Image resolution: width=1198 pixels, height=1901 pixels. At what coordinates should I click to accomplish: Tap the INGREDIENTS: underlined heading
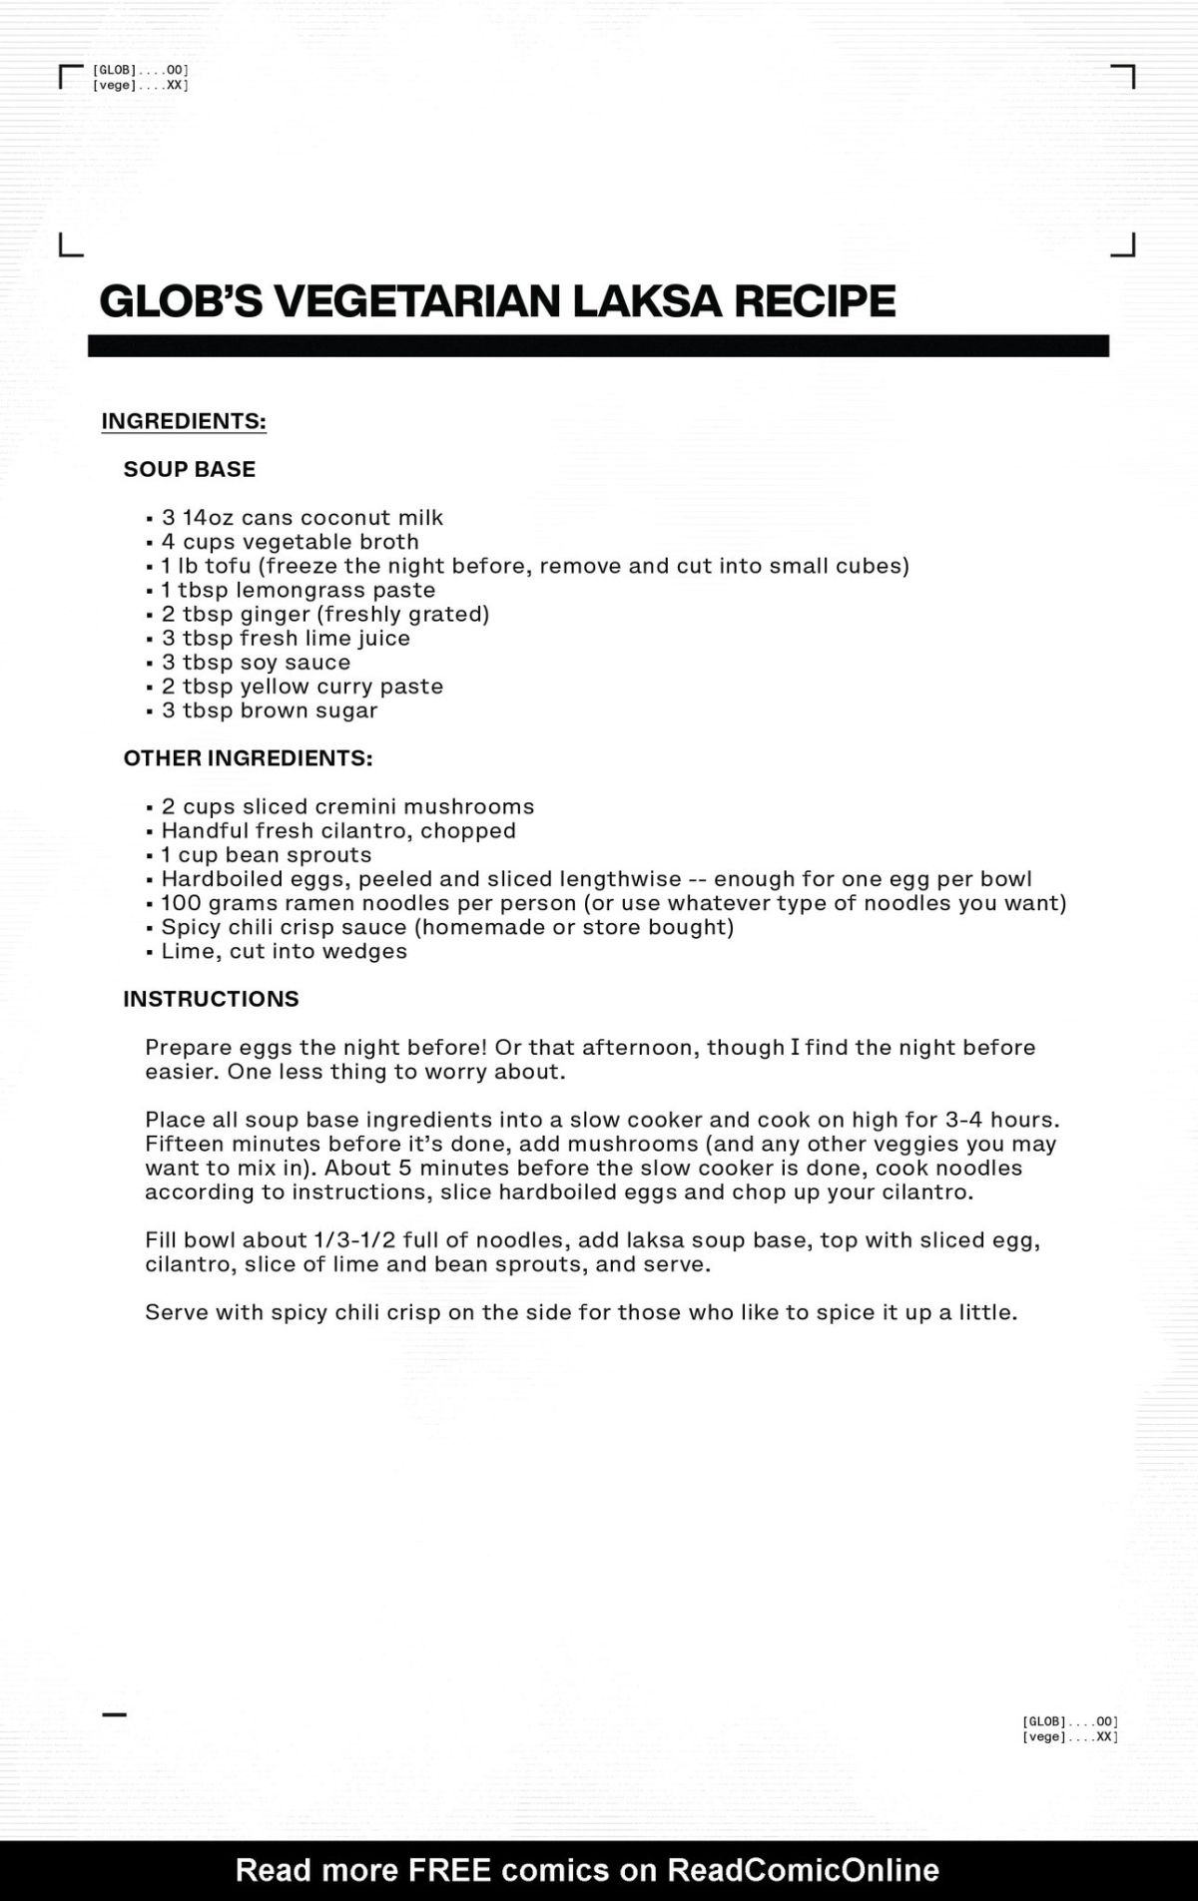pyautogui.click(x=184, y=421)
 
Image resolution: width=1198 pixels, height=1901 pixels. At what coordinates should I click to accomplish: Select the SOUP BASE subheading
pyautogui.click(x=190, y=469)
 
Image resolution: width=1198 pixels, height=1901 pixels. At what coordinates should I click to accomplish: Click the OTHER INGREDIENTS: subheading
pyautogui.click(x=248, y=758)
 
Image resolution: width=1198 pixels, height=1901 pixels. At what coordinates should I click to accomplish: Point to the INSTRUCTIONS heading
pyautogui.click(x=211, y=999)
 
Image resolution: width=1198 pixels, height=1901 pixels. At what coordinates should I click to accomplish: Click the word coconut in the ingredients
pyautogui.click(x=344, y=518)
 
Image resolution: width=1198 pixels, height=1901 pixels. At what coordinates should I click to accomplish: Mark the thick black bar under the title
pyautogui.click(x=598, y=345)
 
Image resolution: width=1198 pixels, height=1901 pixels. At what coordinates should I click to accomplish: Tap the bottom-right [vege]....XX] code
pyautogui.click(x=1069, y=1737)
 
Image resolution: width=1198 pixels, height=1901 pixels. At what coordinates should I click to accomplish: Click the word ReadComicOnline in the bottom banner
pyautogui.click(x=803, y=1869)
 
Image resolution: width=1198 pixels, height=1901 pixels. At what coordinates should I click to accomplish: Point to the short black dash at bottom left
pyautogui.click(x=115, y=1715)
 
